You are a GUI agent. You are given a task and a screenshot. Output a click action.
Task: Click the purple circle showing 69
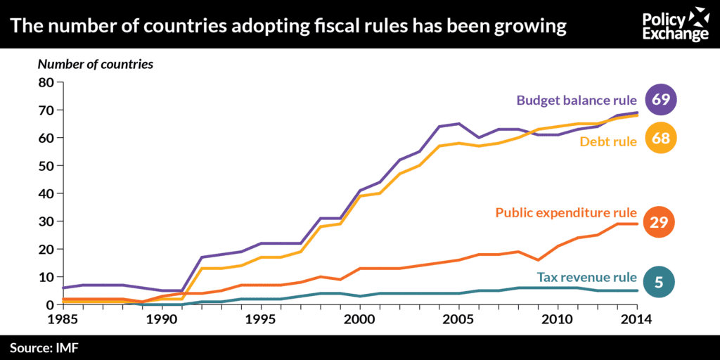(x=660, y=99)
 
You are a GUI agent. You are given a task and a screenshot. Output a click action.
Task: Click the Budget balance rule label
(x=577, y=100)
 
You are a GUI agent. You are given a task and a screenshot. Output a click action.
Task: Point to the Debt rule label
(x=608, y=141)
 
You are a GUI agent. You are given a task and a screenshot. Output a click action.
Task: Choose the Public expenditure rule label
(x=566, y=212)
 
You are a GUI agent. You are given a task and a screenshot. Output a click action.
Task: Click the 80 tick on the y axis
(x=46, y=82)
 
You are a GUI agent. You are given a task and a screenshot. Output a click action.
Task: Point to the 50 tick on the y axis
(x=46, y=166)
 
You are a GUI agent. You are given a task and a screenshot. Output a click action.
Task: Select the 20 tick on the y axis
(x=46, y=249)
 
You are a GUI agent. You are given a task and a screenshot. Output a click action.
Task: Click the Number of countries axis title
(x=96, y=64)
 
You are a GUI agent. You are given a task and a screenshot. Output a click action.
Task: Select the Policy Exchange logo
(x=676, y=25)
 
